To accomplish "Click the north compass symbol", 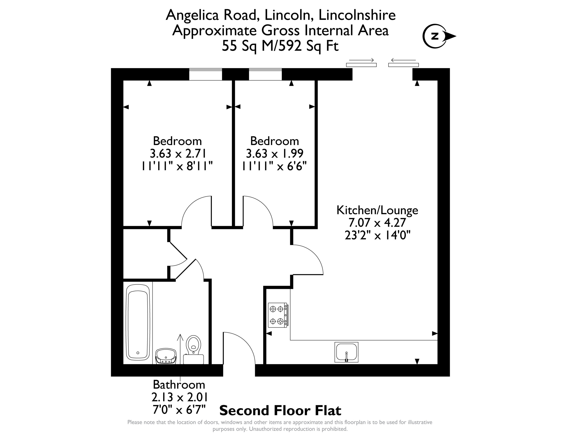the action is click(x=439, y=36).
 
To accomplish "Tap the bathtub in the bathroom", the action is click(x=138, y=322).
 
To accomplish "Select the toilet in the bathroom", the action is click(x=193, y=349).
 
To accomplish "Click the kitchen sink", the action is click(x=346, y=352).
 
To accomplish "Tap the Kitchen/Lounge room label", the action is click(x=377, y=210).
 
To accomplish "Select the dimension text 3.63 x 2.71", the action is click(x=178, y=153).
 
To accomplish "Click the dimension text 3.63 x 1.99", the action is click(x=275, y=153).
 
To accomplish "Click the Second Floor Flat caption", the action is click(x=280, y=411).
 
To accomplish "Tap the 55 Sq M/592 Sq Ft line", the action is click(x=280, y=46).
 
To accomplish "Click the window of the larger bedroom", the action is click(x=205, y=75).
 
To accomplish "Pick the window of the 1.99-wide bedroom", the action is click(x=265, y=75).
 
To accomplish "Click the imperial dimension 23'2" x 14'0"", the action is click(x=377, y=235).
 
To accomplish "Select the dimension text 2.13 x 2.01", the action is click(x=180, y=397).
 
